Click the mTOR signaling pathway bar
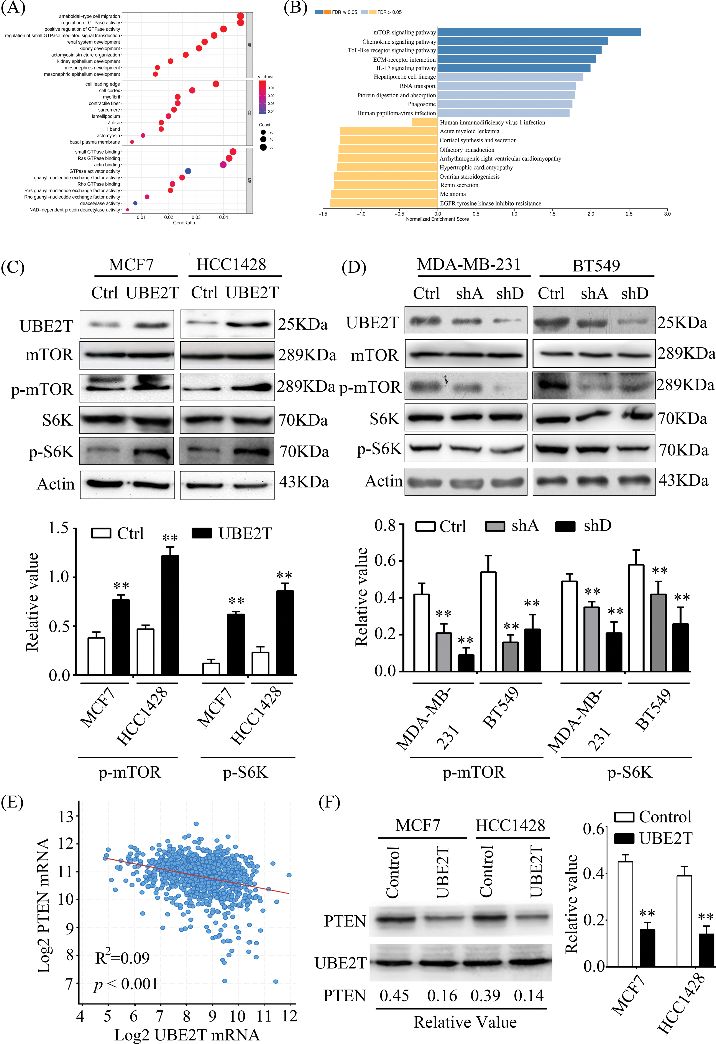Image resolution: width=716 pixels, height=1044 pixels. pos(539,32)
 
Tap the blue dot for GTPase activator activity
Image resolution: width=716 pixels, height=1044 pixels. pos(188,171)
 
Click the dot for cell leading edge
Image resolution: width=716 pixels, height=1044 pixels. pos(216,84)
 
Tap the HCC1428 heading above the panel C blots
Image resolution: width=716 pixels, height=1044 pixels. pos(231,264)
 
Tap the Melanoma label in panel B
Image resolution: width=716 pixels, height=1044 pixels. pos(453,194)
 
